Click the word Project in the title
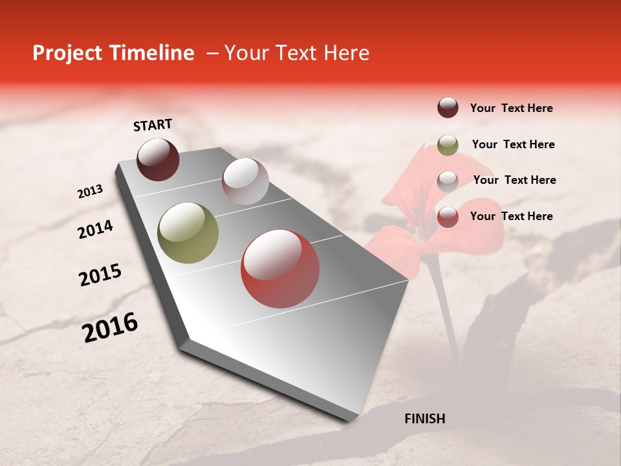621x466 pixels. pyautogui.click(x=63, y=54)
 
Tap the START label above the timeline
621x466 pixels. pyautogui.click(x=153, y=125)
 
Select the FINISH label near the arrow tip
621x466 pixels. pyautogui.click(x=424, y=419)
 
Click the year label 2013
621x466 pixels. pyautogui.click(x=90, y=192)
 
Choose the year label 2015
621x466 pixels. pyautogui.click(x=100, y=275)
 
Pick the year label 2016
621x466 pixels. pyautogui.click(x=110, y=327)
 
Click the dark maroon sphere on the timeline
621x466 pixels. pyautogui.click(x=158, y=159)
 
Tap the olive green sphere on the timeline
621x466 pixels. pyautogui.click(x=188, y=233)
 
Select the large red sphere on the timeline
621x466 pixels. pyautogui.click(x=280, y=269)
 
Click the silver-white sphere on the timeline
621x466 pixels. pyautogui.click(x=245, y=181)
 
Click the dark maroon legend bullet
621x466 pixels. pyautogui.click(x=448, y=107)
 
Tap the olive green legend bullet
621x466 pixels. pyautogui.click(x=448, y=145)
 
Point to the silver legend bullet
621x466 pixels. pyautogui.click(x=448, y=181)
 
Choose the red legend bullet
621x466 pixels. pyautogui.click(x=448, y=217)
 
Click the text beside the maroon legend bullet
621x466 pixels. pyautogui.click(x=511, y=109)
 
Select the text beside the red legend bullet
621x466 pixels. pyautogui.click(x=511, y=216)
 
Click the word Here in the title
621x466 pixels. pyautogui.click(x=346, y=53)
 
